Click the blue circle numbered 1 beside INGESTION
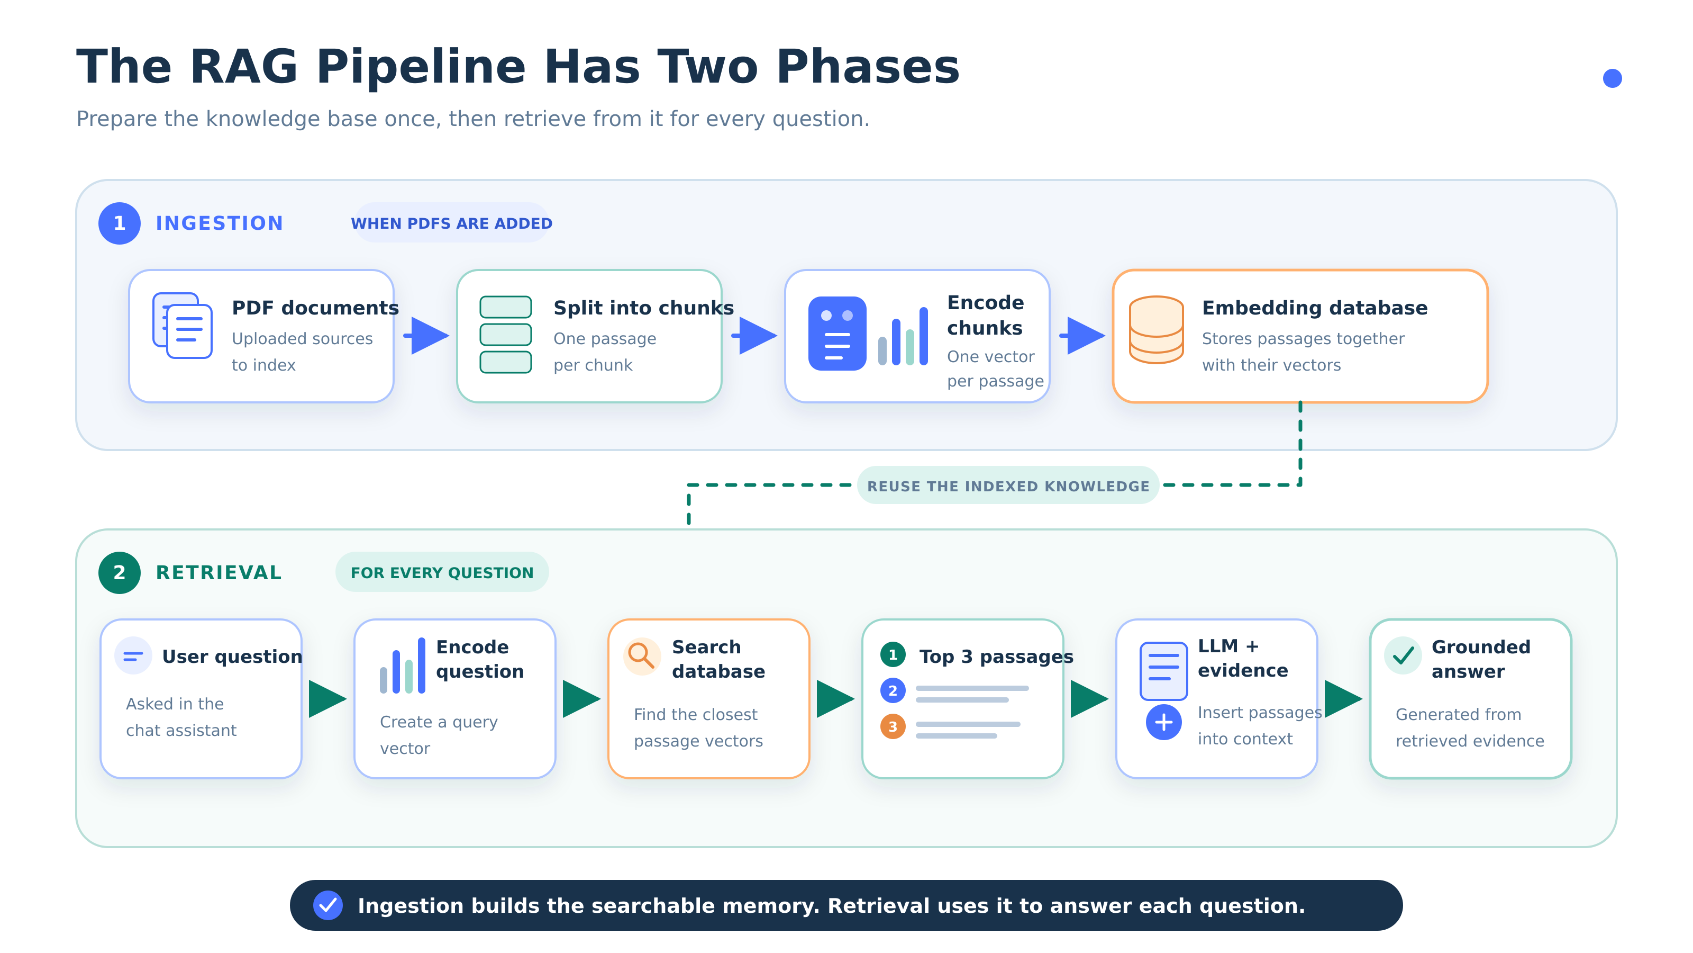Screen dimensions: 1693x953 [x=119, y=223]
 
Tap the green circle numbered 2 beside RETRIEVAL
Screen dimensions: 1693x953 [x=119, y=572]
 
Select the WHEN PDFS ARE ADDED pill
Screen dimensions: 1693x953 [x=451, y=223]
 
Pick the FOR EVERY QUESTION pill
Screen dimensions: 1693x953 [x=442, y=572]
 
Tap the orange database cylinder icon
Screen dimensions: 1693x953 [x=1156, y=329]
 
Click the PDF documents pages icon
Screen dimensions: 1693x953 [x=182, y=326]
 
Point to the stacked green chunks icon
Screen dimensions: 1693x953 [x=505, y=335]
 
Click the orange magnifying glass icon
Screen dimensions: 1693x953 [x=641, y=656]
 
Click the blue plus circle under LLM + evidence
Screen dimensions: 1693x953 [x=1163, y=722]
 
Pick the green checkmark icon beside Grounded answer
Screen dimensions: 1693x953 [x=1403, y=656]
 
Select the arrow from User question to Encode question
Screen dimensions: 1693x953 [x=327, y=698]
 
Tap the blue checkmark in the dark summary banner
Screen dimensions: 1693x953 [x=328, y=906]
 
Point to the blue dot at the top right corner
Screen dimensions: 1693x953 [x=1612, y=78]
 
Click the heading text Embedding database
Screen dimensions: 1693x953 [x=1314, y=308]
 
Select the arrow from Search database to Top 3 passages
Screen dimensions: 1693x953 [x=835, y=698]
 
